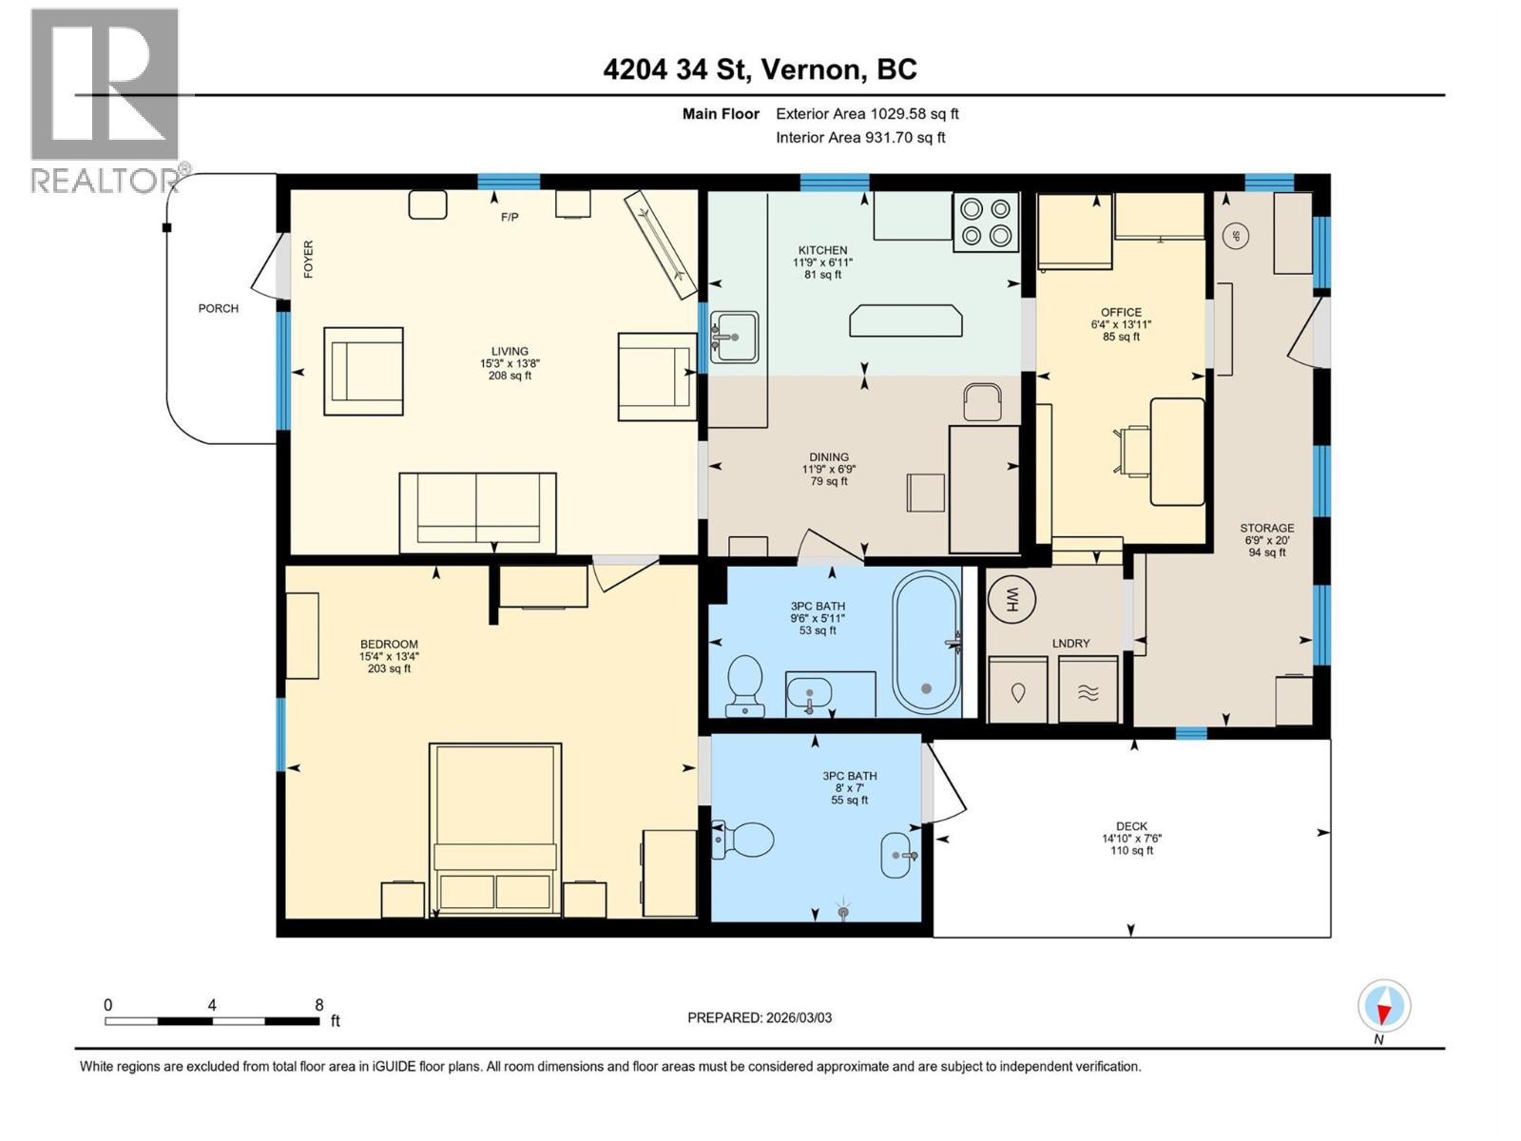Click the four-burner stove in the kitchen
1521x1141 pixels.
click(x=986, y=222)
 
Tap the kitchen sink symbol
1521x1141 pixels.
click(x=735, y=337)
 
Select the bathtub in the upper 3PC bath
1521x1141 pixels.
click(x=926, y=643)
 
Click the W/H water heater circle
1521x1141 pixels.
click(x=1011, y=599)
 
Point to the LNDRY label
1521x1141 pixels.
click(x=1071, y=644)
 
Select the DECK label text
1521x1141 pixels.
click(x=1131, y=826)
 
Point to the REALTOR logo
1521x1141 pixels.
click(x=105, y=100)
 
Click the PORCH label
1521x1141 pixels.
click(x=219, y=308)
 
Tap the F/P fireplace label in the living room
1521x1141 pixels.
click(x=510, y=218)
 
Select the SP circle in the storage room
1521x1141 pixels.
click(x=1236, y=237)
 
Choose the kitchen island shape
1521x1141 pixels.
click(x=906, y=320)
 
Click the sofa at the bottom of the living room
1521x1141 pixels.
click(x=477, y=512)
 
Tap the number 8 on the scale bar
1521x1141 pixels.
click(x=319, y=1005)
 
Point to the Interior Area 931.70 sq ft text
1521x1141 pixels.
click(x=860, y=137)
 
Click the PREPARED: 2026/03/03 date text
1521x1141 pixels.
click(x=760, y=1017)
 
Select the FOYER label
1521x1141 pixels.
click(x=308, y=259)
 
